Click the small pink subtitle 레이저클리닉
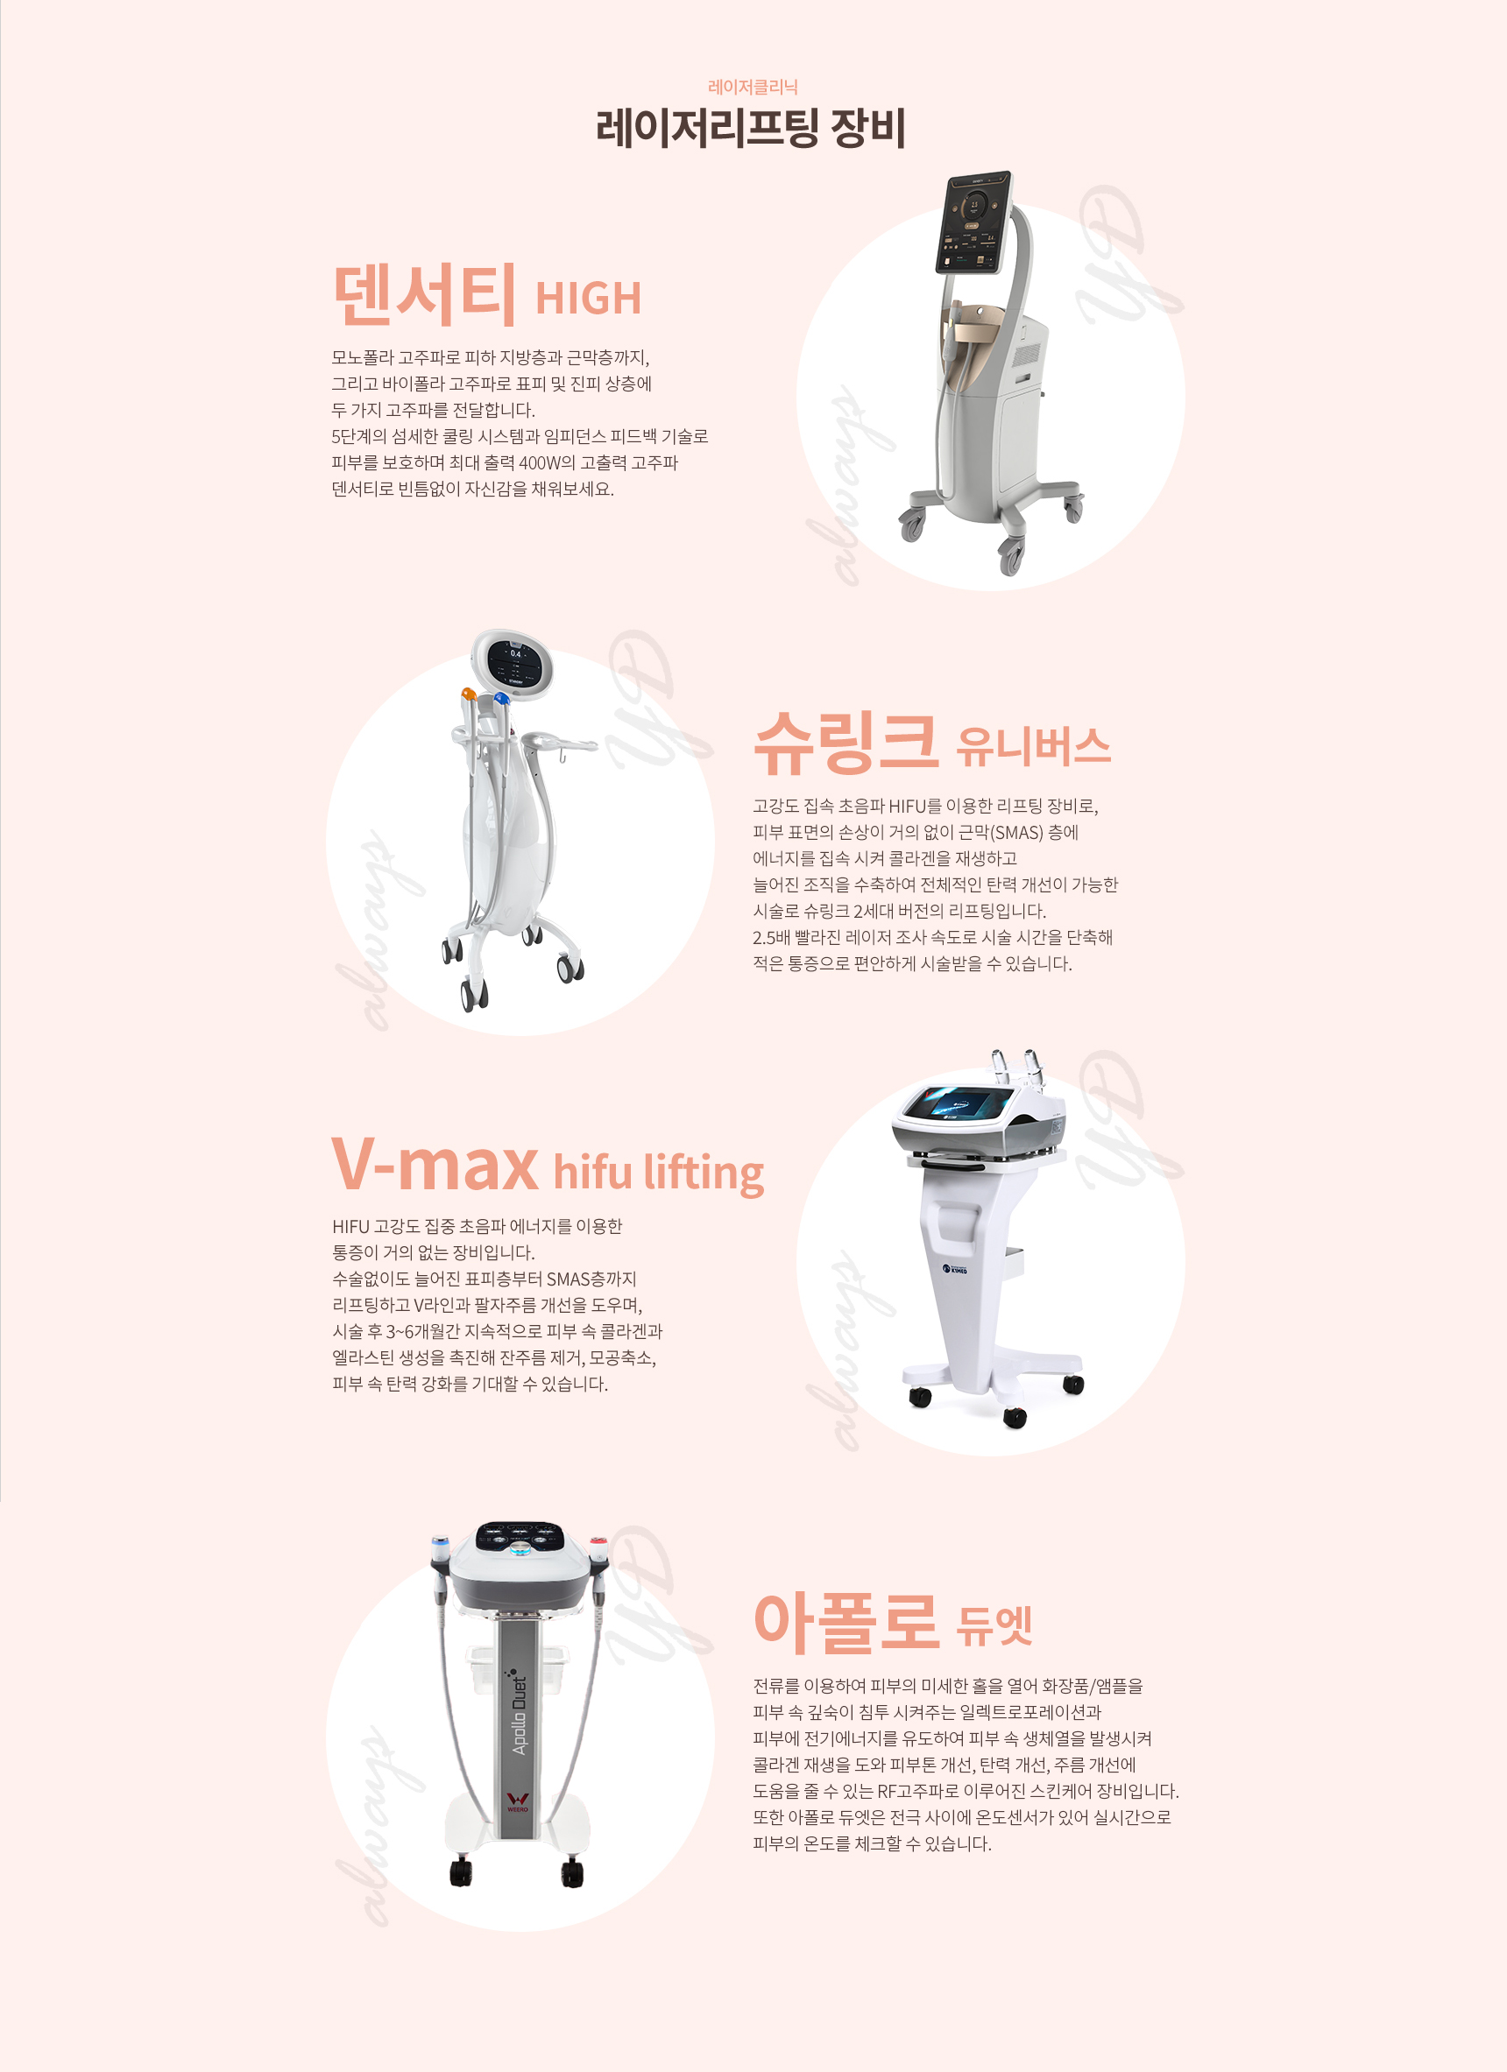point(753,87)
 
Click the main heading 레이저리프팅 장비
point(750,127)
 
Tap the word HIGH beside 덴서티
point(589,299)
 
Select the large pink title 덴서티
point(424,294)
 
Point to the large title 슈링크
point(846,742)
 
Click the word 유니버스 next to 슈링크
point(1034,746)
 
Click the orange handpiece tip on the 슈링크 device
point(468,694)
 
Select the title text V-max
point(435,1164)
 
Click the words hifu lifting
point(658,1171)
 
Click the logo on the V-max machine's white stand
point(955,1269)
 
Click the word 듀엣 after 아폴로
point(994,1625)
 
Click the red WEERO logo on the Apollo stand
point(517,1801)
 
